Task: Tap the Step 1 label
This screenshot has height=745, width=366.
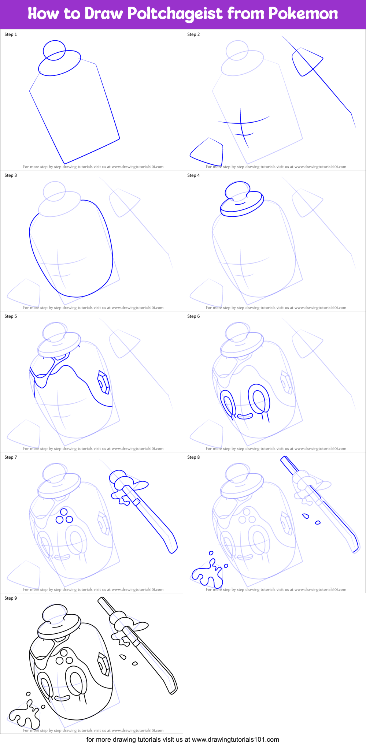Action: [x=11, y=34]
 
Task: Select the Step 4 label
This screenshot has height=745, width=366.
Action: [x=193, y=175]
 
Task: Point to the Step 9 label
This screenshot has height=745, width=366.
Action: [x=11, y=598]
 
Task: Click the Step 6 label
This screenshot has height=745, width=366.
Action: [x=193, y=316]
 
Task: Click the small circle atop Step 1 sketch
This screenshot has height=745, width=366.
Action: [x=54, y=49]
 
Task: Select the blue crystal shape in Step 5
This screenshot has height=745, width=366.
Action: [x=103, y=383]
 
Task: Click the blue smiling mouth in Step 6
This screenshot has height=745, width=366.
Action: [x=245, y=416]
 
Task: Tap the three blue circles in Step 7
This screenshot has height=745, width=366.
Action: [x=64, y=516]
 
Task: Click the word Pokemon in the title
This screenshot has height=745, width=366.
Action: [x=303, y=14]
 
